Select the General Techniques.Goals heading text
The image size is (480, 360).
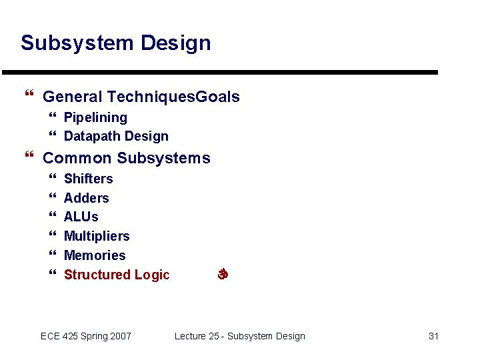[x=141, y=97]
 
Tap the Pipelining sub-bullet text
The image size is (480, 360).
[x=95, y=117]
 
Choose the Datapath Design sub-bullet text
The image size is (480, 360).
[x=116, y=136]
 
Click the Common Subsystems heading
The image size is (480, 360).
[x=126, y=158]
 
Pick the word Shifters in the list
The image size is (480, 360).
[x=88, y=179]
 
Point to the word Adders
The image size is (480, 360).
[x=86, y=198]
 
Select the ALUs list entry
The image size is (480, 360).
[x=81, y=217]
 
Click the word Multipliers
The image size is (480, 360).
[x=97, y=236]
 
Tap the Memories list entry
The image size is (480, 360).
[x=94, y=255]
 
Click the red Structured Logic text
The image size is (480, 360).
[x=117, y=275]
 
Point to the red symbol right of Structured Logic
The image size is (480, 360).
[x=223, y=274]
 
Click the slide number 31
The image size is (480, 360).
[x=433, y=336]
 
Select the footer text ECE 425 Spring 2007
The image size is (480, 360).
[x=86, y=336]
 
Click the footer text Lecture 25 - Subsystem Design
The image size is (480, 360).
[x=239, y=336]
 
